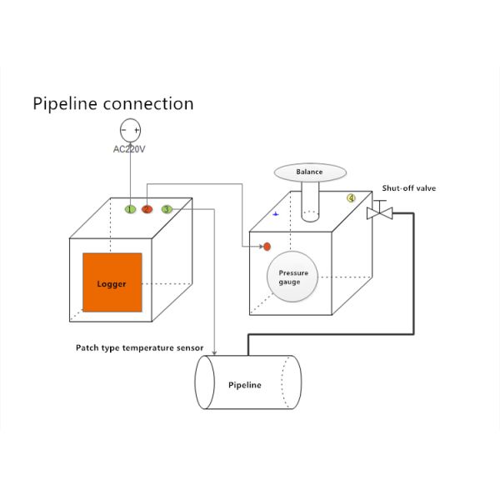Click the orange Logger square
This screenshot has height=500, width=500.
[112, 283]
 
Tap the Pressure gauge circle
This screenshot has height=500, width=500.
[294, 277]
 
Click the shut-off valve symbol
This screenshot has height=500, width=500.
[379, 212]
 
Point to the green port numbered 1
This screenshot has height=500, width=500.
[131, 209]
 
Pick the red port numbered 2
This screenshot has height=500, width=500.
[147, 209]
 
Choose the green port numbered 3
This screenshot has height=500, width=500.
[167, 209]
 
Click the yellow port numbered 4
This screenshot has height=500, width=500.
[351, 198]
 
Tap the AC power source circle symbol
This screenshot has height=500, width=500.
[131, 130]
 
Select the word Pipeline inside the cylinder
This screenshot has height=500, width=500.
[245, 385]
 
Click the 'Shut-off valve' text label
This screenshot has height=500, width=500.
[408, 188]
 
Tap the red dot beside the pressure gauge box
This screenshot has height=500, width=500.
[267, 246]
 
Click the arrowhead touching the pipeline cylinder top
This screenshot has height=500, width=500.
[215, 351]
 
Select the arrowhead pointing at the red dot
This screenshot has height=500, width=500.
[259, 246]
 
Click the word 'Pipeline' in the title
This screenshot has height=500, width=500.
[67, 104]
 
